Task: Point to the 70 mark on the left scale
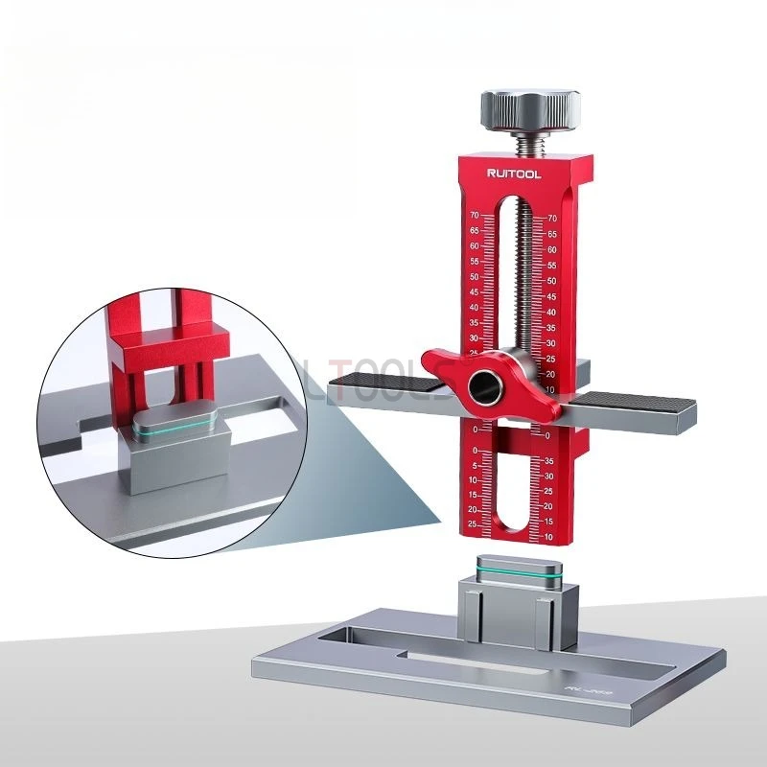point(475,217)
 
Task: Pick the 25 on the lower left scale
point(474,523)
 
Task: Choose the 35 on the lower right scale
point(548,460)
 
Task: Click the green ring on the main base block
point(518,573)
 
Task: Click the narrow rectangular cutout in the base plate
point(479,660)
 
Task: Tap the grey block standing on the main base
point(518,604)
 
